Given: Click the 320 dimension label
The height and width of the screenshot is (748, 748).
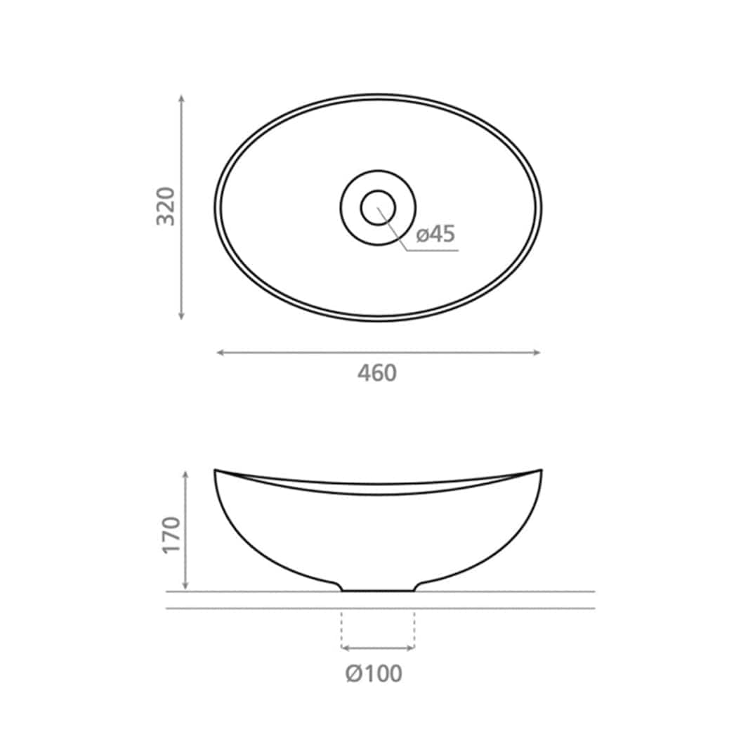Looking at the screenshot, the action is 166,206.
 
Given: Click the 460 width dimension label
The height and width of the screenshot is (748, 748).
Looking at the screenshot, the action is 377,373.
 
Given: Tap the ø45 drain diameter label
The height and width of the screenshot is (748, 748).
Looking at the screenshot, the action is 435,234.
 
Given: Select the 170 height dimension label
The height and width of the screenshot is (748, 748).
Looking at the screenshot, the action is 172,534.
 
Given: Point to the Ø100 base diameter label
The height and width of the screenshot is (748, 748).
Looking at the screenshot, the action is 374,674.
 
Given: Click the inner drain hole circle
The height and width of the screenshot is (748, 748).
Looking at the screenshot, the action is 378,207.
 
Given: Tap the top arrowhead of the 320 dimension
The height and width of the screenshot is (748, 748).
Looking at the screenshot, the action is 181,98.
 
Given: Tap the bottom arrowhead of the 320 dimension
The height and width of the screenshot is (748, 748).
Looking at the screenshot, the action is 181,316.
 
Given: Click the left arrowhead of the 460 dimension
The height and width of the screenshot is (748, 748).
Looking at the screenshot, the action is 221,353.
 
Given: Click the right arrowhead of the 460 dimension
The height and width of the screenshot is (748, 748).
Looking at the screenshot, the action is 536,353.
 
